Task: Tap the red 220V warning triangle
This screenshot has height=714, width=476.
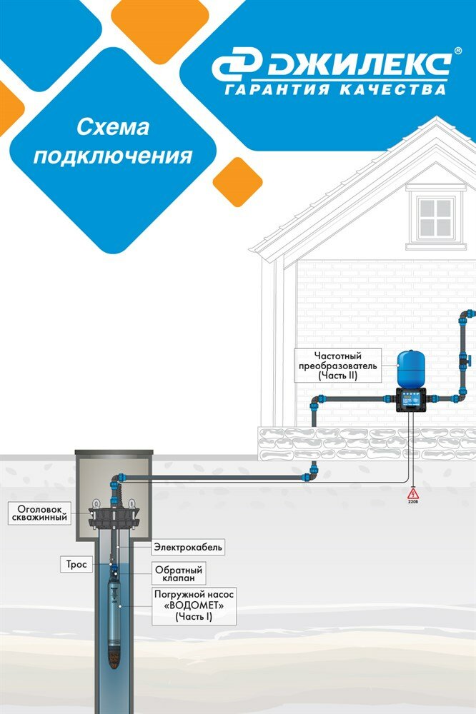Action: [412, 493]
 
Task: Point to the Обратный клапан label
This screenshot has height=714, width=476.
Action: [179, 574]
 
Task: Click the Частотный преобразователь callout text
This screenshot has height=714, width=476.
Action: [338, 365]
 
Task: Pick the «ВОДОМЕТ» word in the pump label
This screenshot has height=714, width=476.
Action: [194, 604]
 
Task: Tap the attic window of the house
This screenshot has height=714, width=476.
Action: [435, 216]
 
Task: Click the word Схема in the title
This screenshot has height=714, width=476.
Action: [112, 128]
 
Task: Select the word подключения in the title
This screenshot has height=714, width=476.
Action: [113, 156]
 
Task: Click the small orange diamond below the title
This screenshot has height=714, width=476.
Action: [237, 181]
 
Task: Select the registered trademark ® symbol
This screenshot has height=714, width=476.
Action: [457, 53]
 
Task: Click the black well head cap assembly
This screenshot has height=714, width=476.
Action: [114, 514]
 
